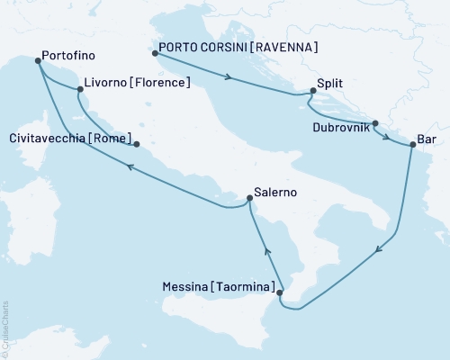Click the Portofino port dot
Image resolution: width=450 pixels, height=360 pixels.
coord(38,61)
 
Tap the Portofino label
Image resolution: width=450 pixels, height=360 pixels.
coord(67,55)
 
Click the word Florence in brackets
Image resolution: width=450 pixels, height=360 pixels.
coord(159,84)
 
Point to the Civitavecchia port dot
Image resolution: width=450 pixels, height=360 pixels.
coord(136,144)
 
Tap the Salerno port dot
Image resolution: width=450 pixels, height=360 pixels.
coord(249,198)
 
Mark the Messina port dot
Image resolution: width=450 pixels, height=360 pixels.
coord(280,292)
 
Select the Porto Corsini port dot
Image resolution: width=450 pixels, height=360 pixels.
coord(154,53)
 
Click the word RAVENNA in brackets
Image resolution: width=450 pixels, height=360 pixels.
coord(286,47)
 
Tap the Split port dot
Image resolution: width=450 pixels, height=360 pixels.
coord(312,90)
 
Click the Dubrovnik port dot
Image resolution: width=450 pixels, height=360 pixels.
coord(375,123)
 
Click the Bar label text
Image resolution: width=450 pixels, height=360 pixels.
coord(429,141)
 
